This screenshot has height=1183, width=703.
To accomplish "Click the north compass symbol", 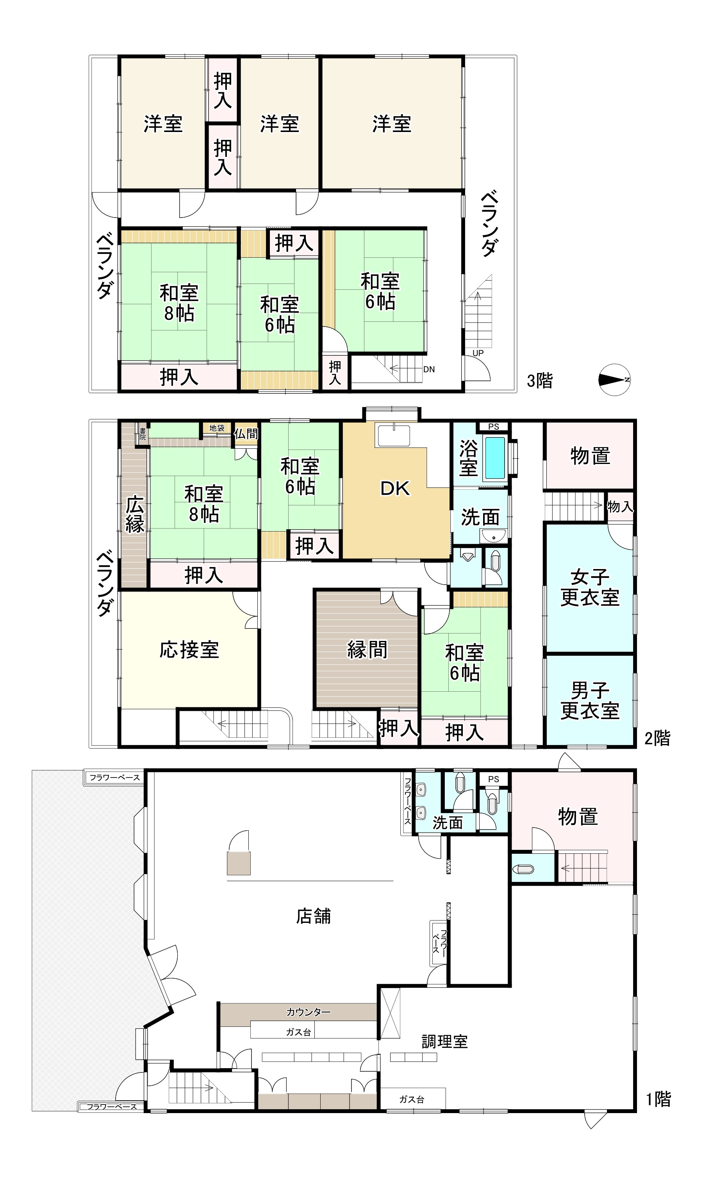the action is tap(614, 379).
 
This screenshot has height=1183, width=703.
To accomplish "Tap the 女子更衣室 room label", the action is tap(590, 587).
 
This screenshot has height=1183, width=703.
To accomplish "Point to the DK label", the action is tap(395, 488).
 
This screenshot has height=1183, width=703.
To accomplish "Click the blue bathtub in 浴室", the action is tap(496, 458).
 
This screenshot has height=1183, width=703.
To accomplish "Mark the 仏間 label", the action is tap(246, 434).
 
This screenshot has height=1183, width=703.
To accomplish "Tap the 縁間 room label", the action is tap(367, 649).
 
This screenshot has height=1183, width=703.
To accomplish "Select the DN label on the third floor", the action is tap(429, 369).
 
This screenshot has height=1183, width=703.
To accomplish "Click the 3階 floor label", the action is tap(540, 380).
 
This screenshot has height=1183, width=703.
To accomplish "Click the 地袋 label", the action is tap(217, 428).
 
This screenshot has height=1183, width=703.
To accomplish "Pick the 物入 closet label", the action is tap(620, 506).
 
